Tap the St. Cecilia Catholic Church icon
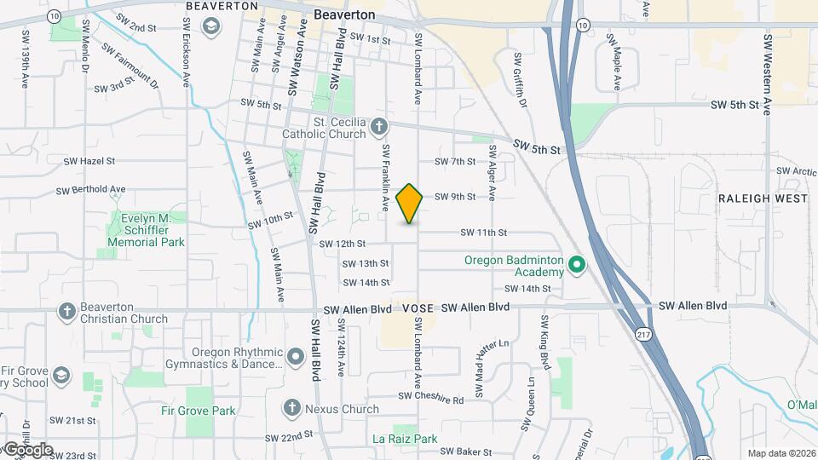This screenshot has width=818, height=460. point(379,128)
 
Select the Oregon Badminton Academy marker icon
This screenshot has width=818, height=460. point(576,266)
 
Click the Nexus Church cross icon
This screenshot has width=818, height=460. point(291,409)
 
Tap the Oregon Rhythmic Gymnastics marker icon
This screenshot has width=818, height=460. point(295,354)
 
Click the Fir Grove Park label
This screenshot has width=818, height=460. point(198,410)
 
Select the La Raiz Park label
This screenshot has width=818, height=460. point(405,440)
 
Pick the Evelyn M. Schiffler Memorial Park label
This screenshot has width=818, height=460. point(147,230)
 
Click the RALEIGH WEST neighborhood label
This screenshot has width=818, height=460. point(763,198)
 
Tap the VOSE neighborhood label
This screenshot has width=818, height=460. point(418,307)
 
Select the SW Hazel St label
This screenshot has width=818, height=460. point(89,160)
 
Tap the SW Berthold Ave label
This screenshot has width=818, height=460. point(90,190)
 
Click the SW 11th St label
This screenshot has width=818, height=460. point(484,233)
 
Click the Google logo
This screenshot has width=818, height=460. point(27,450)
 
